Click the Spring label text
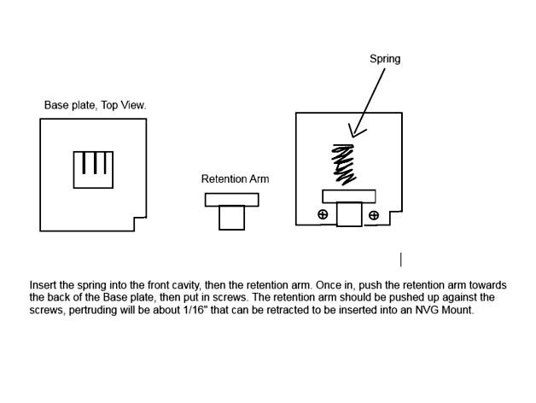coord(384,59)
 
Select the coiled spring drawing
coord(343,164)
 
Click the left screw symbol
coord(323,214)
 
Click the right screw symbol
coord(374,215)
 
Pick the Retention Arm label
coord(235,179)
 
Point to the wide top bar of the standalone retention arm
coord(231,200)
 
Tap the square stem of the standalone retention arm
coord(231,218)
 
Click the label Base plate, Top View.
coord(95,106)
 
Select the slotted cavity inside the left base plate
coord(93,169)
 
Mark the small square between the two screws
coord(348,213)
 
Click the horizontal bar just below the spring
coord(348,196)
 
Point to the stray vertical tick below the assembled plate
coord(400,259)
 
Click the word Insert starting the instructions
coord(44,285)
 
